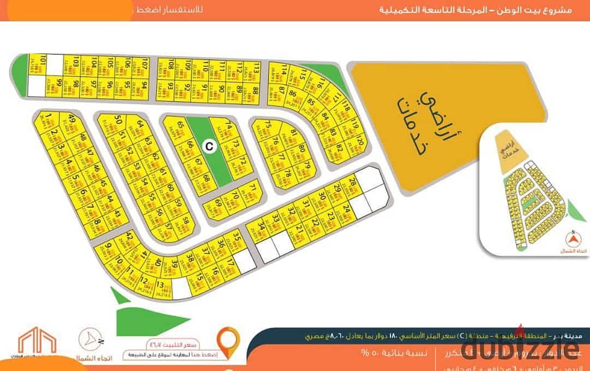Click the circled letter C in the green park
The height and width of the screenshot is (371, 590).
209,146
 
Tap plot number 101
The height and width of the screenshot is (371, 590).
43,64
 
